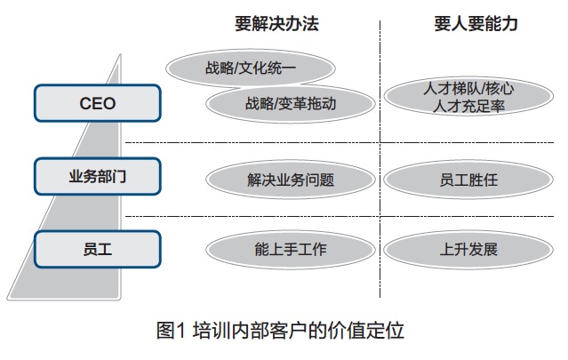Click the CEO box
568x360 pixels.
[98, 103]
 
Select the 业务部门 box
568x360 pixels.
[98, 176]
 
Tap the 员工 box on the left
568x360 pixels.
[98, 249]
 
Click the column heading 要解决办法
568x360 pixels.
[276, 24]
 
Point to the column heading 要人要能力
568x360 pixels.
[476, 24]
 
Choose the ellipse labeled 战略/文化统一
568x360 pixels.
[251, 68]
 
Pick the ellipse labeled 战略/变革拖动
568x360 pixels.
[290, 104]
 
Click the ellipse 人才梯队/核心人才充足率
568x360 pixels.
[468, 96]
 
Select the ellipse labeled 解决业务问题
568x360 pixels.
[290, 180]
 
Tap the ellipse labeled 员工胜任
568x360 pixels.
[468, 180]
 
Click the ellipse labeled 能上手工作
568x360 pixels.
[290, 250]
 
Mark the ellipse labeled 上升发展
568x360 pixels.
[468, 250]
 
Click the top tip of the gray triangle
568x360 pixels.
[120, 54]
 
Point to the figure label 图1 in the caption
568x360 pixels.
[171, 331]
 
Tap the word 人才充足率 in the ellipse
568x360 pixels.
[468, 106]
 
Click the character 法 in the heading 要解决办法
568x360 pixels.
[311, 24]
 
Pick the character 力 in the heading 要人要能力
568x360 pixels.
[509, 24]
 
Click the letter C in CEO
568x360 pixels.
[85, 104]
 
